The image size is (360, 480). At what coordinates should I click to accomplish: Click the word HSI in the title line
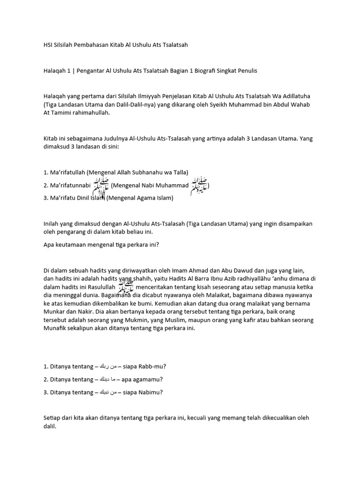click(x=48, y=45)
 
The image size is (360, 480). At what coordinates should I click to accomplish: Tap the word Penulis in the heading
click(x=246, y=70)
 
